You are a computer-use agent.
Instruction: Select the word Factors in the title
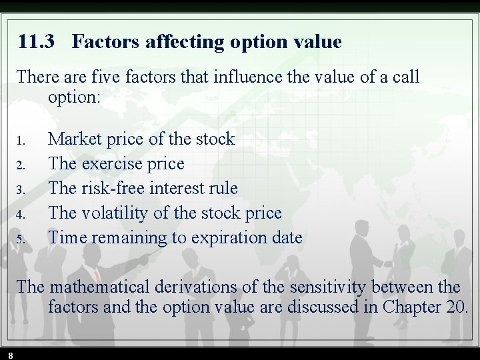pyautogui.click(x=102, y=42)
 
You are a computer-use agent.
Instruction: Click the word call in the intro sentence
pyautogui.click(x=404, y=77)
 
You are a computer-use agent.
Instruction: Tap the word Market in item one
pyautogui.click(x=75, y=139)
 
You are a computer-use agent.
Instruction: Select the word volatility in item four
pyautogui.click(x=115, y=213)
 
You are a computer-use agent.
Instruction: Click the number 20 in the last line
pyautogui.click(x=457, y=307)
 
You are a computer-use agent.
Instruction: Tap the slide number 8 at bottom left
pyautogui.click(x=11, y=355)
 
